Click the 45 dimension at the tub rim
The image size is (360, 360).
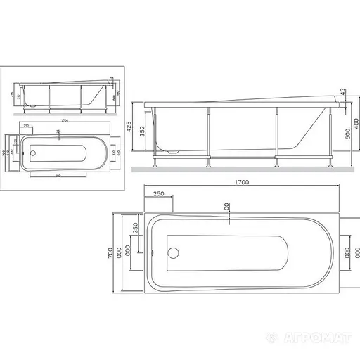point(342,93)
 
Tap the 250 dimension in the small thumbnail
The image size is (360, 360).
point(27,125)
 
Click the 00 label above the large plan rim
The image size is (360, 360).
point(227,207)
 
